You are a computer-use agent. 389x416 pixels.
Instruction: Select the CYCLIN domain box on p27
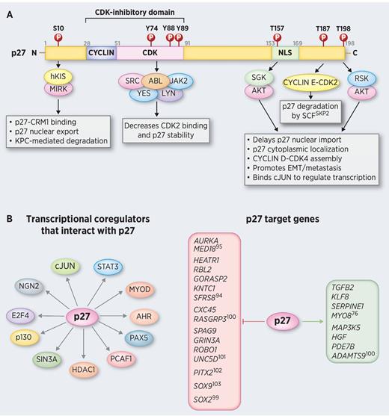(x=100, y=54)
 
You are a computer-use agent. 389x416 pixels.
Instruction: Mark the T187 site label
(x=322, y=29)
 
